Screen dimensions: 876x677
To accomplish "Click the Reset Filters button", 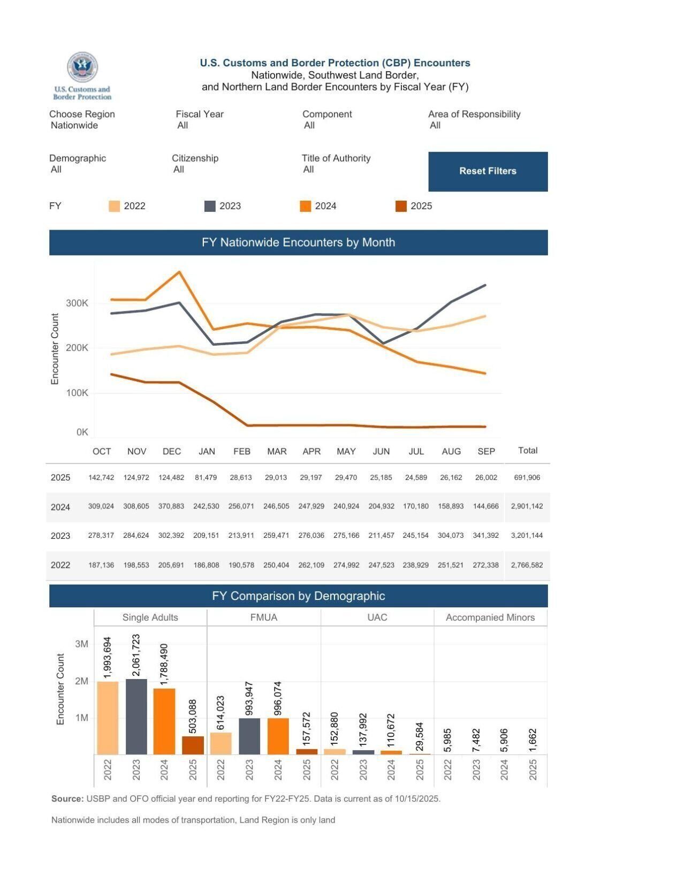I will click(488, 171).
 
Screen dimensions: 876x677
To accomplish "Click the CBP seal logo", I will click(82, 68).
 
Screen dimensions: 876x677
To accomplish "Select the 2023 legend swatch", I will click(210, 206).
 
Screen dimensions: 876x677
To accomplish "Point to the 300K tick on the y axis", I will click(77, 303).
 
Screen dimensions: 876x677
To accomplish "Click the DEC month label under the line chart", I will click(172, 451).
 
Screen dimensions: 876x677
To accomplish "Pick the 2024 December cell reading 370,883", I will click(171, 506).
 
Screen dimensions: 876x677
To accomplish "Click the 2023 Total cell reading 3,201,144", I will click(527, 535).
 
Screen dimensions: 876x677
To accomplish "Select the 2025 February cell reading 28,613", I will click(241, 477).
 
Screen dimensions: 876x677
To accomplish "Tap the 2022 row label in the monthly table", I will click(60, 565).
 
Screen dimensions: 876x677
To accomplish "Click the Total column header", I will click(528, 450).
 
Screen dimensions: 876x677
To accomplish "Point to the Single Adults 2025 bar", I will click(193, 745).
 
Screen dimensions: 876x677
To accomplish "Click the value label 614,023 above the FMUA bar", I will click(221, 712).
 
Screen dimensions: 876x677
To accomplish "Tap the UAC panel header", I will click(377, 617).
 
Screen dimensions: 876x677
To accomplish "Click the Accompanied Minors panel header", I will click(490, 617).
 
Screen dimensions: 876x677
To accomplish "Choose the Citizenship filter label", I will click(195, 158).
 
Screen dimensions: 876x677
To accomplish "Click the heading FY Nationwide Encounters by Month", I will click(298, 242).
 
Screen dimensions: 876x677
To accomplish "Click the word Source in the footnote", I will click(67, 798).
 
